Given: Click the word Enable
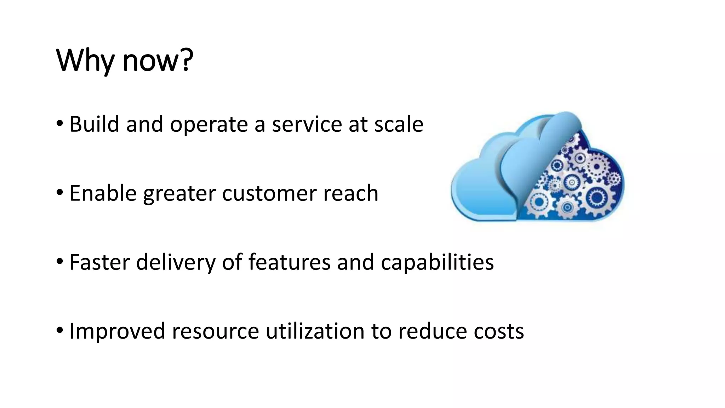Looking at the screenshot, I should tap(103, 193).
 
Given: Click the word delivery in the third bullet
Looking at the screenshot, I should tap(176, 262).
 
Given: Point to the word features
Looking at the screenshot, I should tap(289, 262).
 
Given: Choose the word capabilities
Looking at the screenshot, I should tap(437, 262).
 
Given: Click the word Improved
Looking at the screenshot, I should tap(117, 331).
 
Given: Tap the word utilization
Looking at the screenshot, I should tap(315, 331).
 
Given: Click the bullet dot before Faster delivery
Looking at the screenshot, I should tap(60, 262).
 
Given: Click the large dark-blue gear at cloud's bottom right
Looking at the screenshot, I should tap(597, 198).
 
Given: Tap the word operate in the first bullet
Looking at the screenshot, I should tap(209, 125).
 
